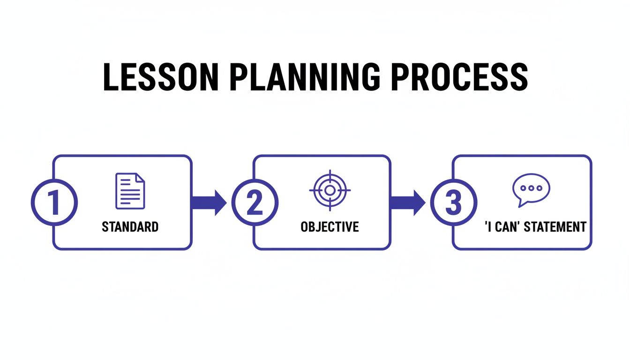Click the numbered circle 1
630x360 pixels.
coord(54,202)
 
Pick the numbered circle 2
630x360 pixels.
coord(255,202)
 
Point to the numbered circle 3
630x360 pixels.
coord(453,202)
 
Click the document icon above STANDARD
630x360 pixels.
coord(130,191)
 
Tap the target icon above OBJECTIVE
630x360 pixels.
coord(330,190)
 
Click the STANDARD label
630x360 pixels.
coord(130,227)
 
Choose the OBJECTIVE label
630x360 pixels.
coord(330,227)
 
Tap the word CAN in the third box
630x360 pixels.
coord(505,227)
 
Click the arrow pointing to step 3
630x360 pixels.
coord(407,202)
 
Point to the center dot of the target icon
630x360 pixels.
coord(330,190)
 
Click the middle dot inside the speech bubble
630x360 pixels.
coord(531,187)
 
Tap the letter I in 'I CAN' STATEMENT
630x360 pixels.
coord(489,227)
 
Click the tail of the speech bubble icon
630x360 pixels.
coord(520,203)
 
